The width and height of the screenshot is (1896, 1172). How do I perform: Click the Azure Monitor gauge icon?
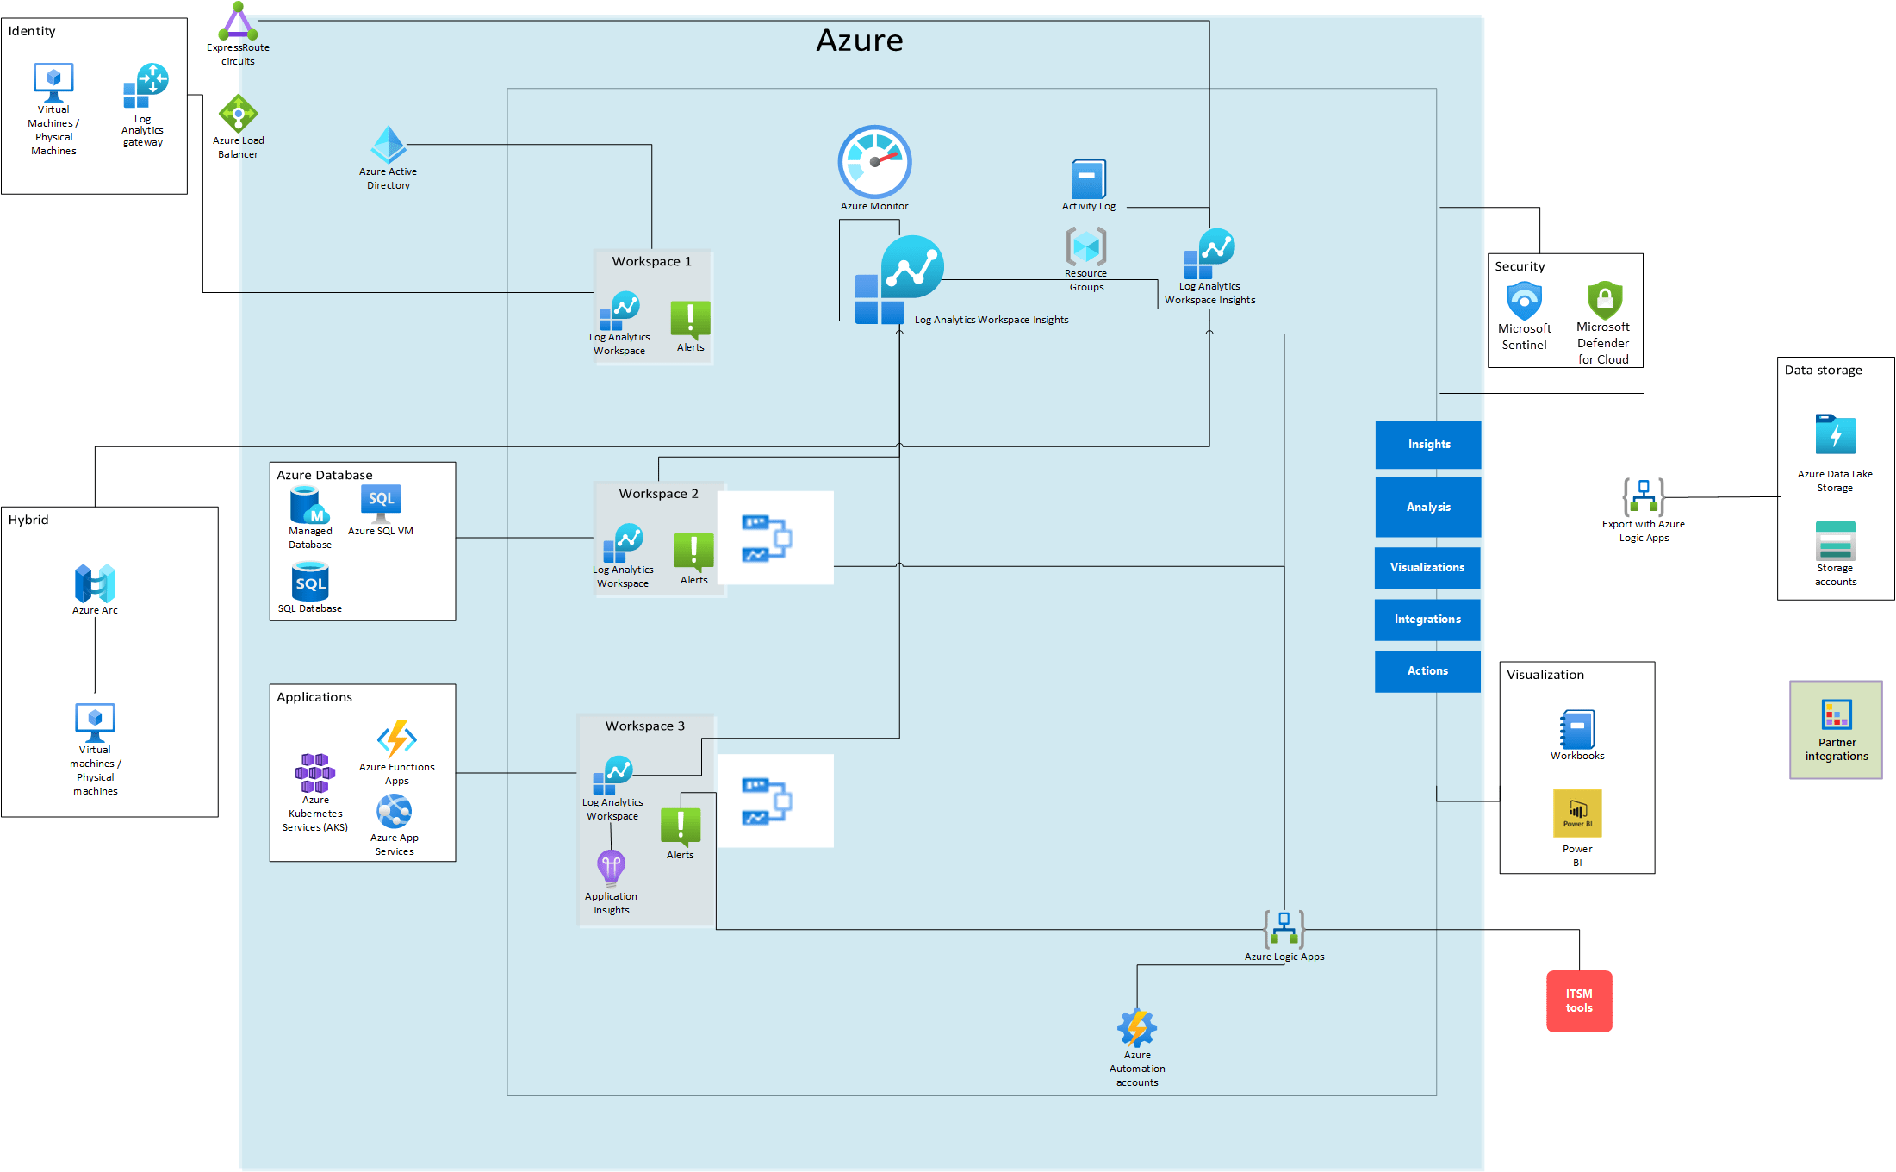click(874, 162)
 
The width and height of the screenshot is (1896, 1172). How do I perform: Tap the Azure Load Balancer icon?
click(238, 114)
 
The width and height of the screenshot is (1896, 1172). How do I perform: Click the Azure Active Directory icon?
click(389, 145)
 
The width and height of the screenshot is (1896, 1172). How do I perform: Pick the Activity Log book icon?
click(1088, 179)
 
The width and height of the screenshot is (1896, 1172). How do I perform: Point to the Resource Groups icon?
click(1085, 247)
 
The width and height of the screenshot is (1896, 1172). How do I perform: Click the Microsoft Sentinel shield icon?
click(1524, 302)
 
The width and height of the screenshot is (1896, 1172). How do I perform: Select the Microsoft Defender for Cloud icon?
click(1604, 301)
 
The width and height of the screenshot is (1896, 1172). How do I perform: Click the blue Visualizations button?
click(1427, 568)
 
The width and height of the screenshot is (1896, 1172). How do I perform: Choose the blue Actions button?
click(1427, 671)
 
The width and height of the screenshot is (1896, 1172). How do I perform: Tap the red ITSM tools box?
click(1578, 1001)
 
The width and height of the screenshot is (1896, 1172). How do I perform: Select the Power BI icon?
click(1576, 813)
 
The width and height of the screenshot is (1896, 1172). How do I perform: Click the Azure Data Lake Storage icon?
click(1835, 435)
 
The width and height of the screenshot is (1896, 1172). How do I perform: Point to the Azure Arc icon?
click(95, 584)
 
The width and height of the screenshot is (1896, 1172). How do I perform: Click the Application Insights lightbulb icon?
click(611, 868)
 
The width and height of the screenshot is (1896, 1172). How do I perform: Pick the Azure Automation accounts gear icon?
click(1136, 1028)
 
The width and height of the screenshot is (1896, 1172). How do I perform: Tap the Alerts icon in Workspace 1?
click(690, 318)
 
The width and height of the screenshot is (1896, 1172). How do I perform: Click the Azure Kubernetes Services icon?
click(314, 773)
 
